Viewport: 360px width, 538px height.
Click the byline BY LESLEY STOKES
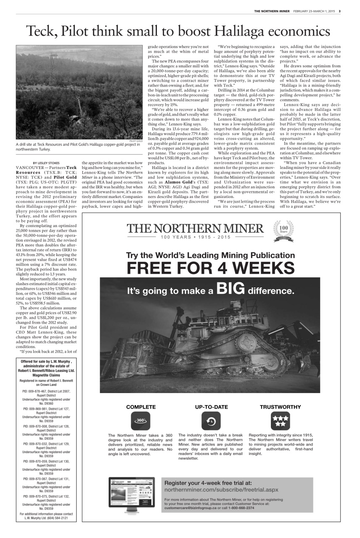point(46,163)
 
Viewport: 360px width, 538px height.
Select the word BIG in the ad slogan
point(230,289)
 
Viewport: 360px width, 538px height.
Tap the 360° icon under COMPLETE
point(141,420)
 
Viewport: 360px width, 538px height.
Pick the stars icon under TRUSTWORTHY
point(280,420)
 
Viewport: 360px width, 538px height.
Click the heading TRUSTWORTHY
point(280,407)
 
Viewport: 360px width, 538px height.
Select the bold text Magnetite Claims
point(46,375)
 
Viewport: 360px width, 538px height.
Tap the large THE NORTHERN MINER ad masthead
point(196,229)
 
